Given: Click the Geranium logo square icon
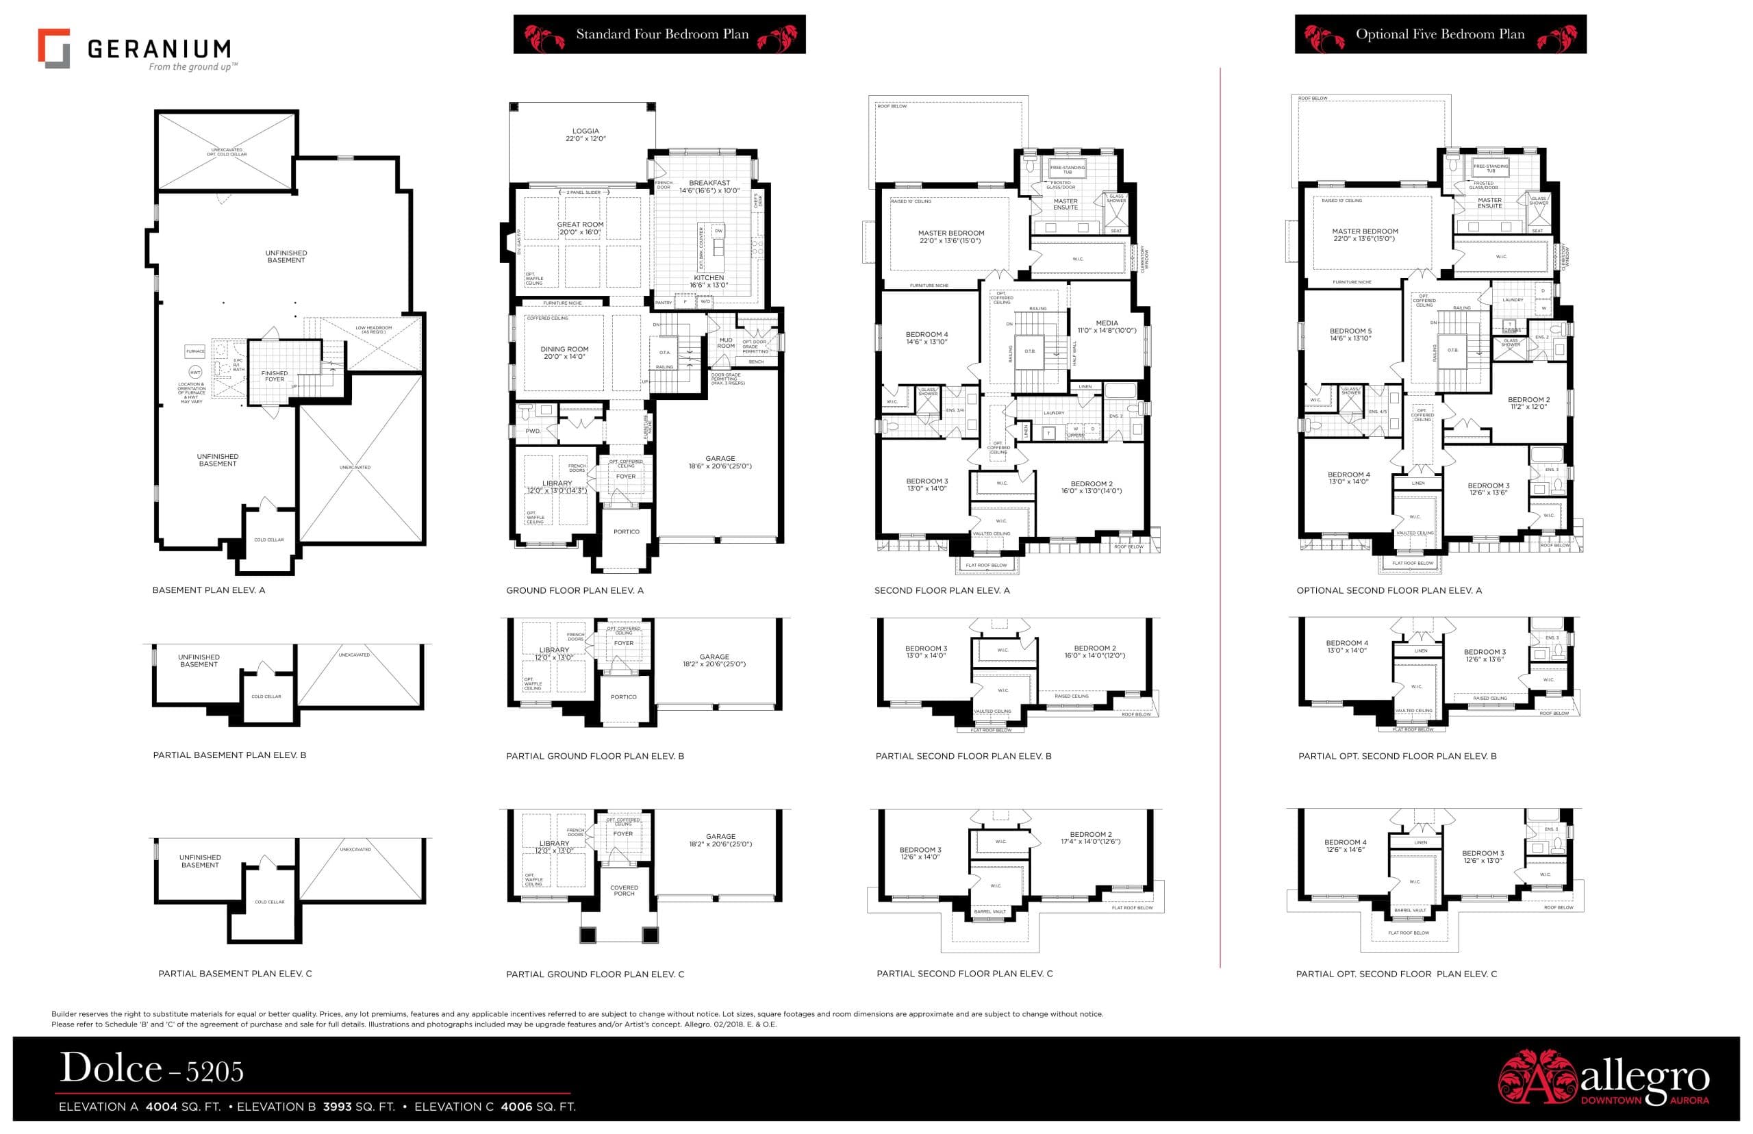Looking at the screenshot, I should click(x=53, y=49).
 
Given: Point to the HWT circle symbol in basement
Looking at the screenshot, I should click(x=195, y=373).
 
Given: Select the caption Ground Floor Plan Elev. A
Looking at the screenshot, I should click(x=575, y=590).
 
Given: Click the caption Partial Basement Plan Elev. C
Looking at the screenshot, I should click(x=235, y=974).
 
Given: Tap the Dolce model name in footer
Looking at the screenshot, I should click(x=110, y=1068).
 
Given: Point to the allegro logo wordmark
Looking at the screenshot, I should click(x=1644, y=1077).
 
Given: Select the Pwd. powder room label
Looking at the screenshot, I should click(x=532, y=431).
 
